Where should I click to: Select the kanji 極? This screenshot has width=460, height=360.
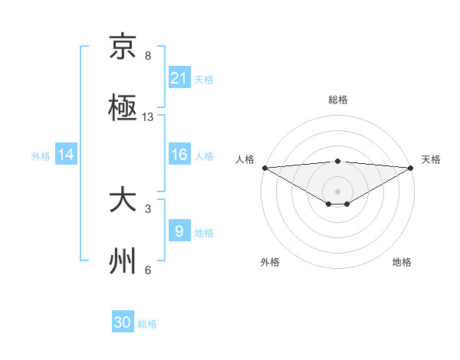(x=123, y=108)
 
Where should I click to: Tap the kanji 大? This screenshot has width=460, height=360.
(x=123, y=201)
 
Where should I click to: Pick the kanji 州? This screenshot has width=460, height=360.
(x=123, y=261)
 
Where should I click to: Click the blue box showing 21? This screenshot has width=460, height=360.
(x=179, y=78)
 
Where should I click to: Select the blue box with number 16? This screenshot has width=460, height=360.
(x=179, y=155)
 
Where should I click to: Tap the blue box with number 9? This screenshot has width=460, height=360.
(x=179, y=231)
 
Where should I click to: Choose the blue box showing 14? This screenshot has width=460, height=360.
(x=66, y=155)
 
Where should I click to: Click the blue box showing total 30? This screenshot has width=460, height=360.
(x=123, y=322)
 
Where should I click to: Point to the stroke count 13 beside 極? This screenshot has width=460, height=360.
(x=148, y=117)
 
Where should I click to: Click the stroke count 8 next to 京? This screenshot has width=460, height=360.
(x=148, y=56)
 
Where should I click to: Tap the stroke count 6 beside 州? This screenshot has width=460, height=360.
(x=148, y=270)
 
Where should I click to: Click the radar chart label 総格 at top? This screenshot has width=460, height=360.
(x=338, y=100)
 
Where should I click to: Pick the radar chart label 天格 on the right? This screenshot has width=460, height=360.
(x=431, y=159)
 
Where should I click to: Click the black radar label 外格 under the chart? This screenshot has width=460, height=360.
(x=270, y=262)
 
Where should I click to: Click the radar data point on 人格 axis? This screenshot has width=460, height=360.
(x=264, y=168)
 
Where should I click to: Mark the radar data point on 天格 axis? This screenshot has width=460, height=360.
(x=412, y=168)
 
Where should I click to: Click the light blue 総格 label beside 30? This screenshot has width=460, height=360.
(x=147, y=324)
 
